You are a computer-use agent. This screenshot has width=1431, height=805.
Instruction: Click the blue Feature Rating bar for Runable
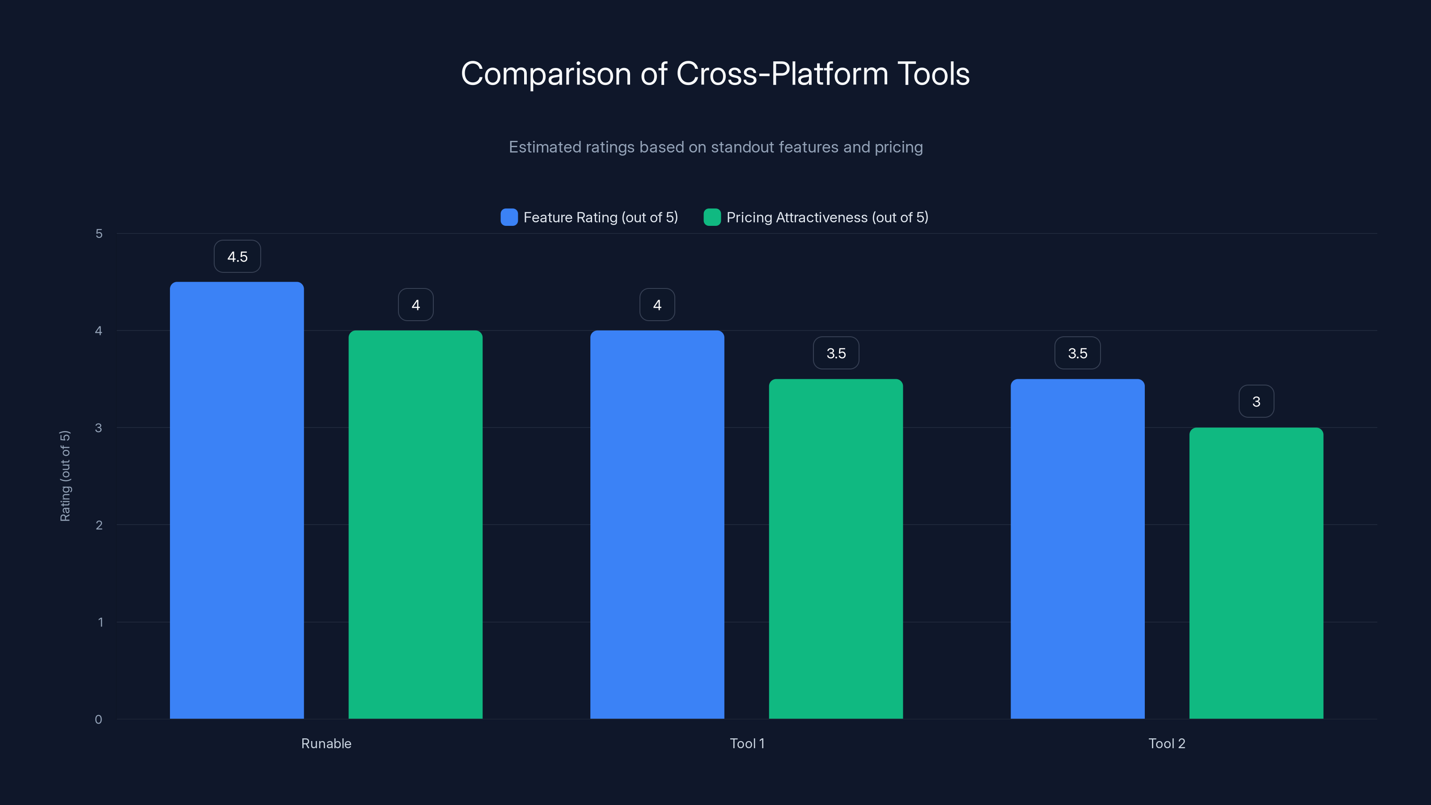point(237,500)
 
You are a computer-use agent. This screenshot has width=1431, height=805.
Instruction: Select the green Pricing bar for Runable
point(415,525)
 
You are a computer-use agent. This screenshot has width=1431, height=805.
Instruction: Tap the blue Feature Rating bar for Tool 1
point(657,525)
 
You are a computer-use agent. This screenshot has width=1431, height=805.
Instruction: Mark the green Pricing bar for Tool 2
point(1256,573)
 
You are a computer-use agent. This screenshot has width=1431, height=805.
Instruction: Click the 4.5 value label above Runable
point(237,257)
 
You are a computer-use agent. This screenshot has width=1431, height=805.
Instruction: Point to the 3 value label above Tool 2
point(1256,402)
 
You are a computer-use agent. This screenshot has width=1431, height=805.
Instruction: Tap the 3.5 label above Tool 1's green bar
point(836,353)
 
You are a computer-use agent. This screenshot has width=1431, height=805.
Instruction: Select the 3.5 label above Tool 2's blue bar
point(1078,353)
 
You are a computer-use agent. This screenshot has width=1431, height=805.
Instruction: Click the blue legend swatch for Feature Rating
point(509,217)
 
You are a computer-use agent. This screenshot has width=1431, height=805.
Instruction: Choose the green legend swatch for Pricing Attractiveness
point(711,217)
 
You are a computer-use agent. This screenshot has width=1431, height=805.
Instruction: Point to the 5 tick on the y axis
point(99,234)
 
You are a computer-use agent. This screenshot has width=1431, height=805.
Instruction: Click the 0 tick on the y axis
point(98,720)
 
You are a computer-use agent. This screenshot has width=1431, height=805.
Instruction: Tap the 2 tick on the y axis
point(99,525)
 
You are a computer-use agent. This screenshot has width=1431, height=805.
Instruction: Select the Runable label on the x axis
point(326,743)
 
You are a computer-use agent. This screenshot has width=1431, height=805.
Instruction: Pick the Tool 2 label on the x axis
point(1167,743)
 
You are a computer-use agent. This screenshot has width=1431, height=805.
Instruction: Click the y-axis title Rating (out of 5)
point(65,476)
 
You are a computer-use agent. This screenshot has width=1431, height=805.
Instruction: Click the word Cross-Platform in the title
point(782,74)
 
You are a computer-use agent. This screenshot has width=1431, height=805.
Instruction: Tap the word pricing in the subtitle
point(898,147)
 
